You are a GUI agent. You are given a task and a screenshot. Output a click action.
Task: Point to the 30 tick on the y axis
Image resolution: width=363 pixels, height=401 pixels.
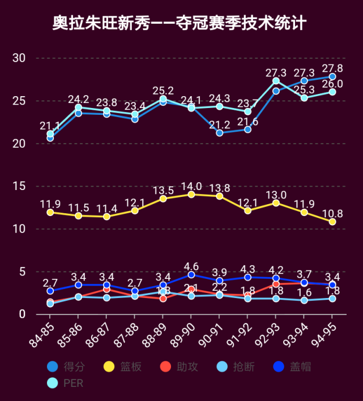(19, 58)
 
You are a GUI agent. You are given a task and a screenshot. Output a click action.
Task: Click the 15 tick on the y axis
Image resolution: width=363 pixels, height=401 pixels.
(19, 186)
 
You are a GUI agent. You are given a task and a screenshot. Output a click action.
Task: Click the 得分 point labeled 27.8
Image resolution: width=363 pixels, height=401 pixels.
(332, 76)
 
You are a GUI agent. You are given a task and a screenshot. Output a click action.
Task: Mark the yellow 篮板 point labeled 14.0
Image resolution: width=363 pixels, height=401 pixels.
(191, 195)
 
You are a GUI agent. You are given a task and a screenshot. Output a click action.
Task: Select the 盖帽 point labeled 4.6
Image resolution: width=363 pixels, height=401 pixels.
(191, 275)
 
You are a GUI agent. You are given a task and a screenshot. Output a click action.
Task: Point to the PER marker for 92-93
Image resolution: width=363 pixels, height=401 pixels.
(276, 81)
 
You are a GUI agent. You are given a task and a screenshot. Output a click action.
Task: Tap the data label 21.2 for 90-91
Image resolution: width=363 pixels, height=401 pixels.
(219, 124)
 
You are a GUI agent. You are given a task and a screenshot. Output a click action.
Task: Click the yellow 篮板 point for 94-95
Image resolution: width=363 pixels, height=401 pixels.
(332, 222)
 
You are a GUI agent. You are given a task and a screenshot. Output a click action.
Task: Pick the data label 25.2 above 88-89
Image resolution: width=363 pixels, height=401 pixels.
(163, 90)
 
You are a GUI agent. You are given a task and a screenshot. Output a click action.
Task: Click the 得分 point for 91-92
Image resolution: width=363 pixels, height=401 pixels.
(247, 130)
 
